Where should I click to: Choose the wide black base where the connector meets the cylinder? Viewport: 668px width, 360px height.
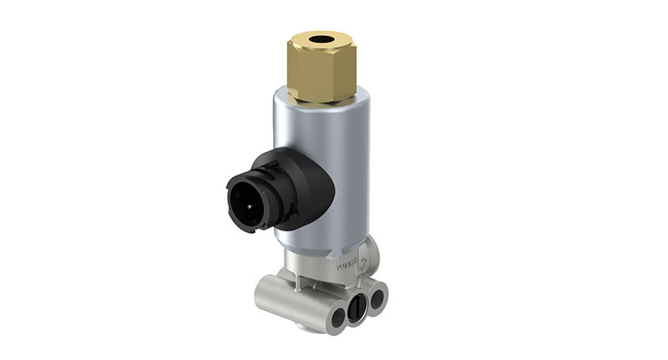pyautogui.click(x=306, y=188)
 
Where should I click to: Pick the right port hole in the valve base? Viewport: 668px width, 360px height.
pyautogui.click(x=377, y=296)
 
